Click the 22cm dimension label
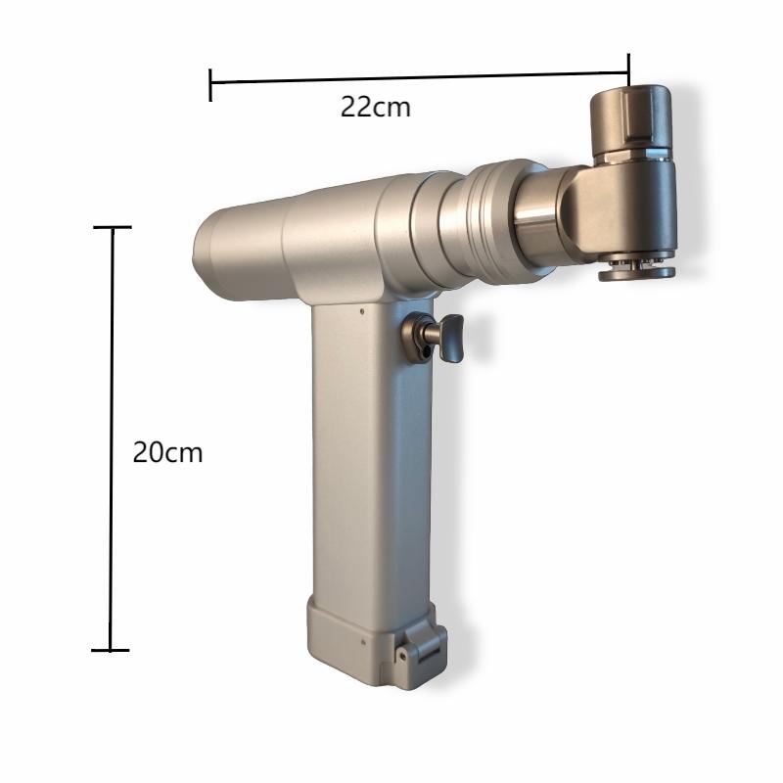tap(376, 107)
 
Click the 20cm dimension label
tap(167, 453)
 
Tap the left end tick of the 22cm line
tap(210, 85)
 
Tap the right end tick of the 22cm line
tap(628, 69)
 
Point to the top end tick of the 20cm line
tap(113, 227)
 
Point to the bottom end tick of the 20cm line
tap(111, 650)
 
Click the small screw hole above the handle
tap(362, 311)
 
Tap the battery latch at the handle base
tap(420, 644)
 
